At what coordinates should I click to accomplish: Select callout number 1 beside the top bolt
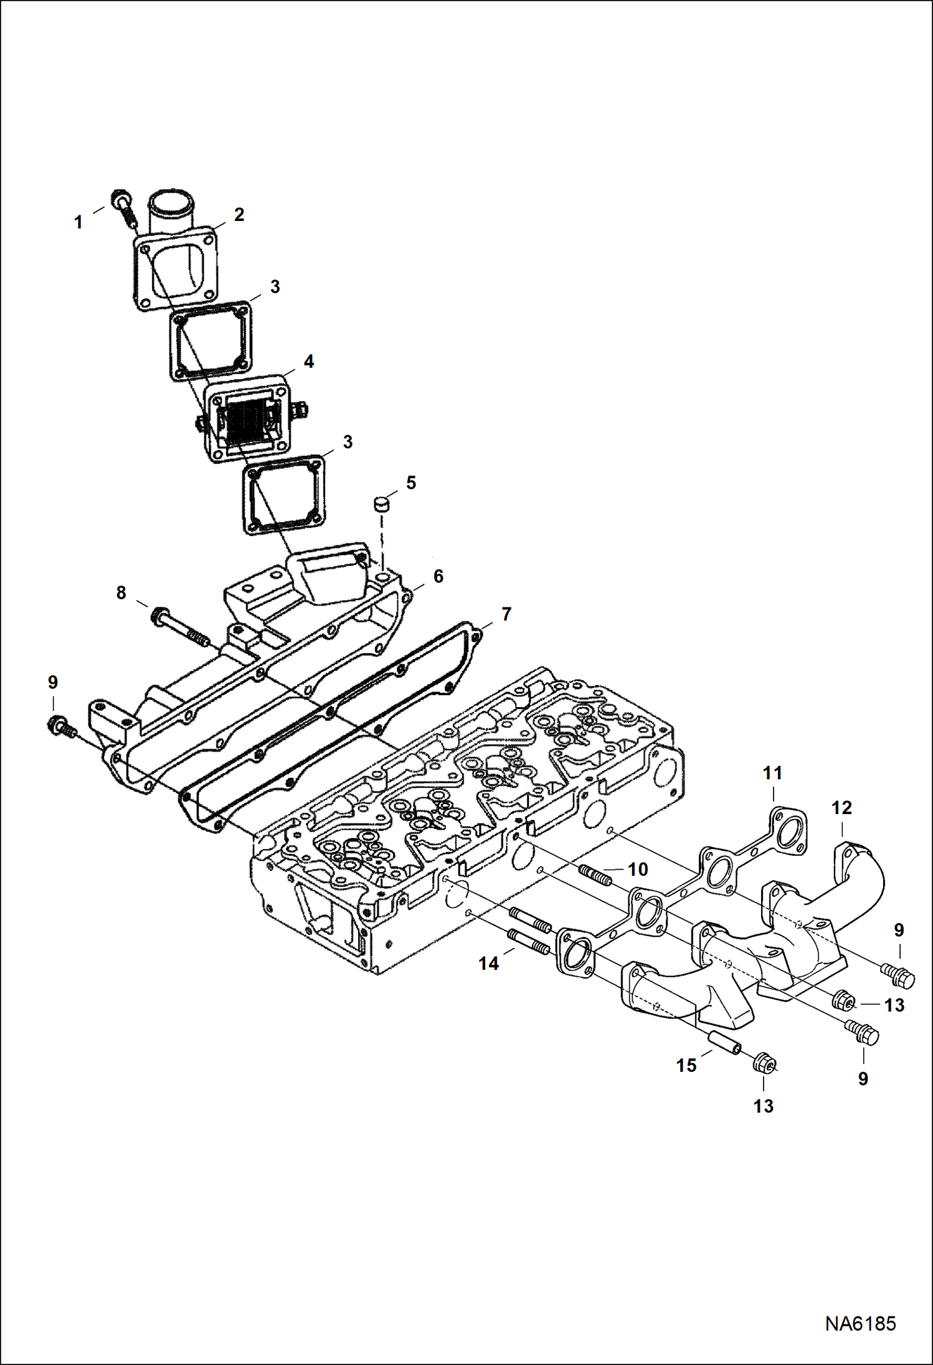tap(78, 222)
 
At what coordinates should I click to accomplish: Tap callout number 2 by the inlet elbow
tap(239, 214)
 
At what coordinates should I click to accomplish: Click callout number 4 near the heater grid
tap(308, 361)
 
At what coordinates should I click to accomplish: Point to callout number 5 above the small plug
tap(410, 482)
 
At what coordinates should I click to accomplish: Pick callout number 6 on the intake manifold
tap(438, 576)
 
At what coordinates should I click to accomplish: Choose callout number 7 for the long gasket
tap(506, 614)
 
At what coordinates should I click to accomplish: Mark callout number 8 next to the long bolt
tap(121, 593)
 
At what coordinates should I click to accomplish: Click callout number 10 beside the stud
tap(637, 869)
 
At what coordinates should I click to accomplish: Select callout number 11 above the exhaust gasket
tap(772, 774)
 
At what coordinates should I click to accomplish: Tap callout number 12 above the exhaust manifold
tap(841, 808)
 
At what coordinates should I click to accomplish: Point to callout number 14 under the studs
tap(488, 964)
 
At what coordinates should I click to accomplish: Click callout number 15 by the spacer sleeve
tap(686, 1065)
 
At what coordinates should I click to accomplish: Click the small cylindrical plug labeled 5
tap(381, 503)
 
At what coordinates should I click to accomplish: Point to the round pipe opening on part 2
tap(171, 204)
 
